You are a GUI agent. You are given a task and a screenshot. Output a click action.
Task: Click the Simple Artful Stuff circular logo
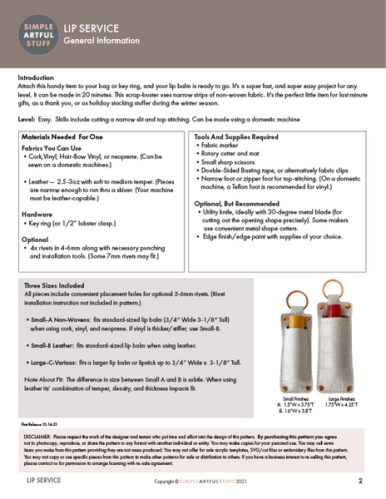(34, 34)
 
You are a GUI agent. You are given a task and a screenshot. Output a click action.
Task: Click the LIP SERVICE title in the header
(91, 27)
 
